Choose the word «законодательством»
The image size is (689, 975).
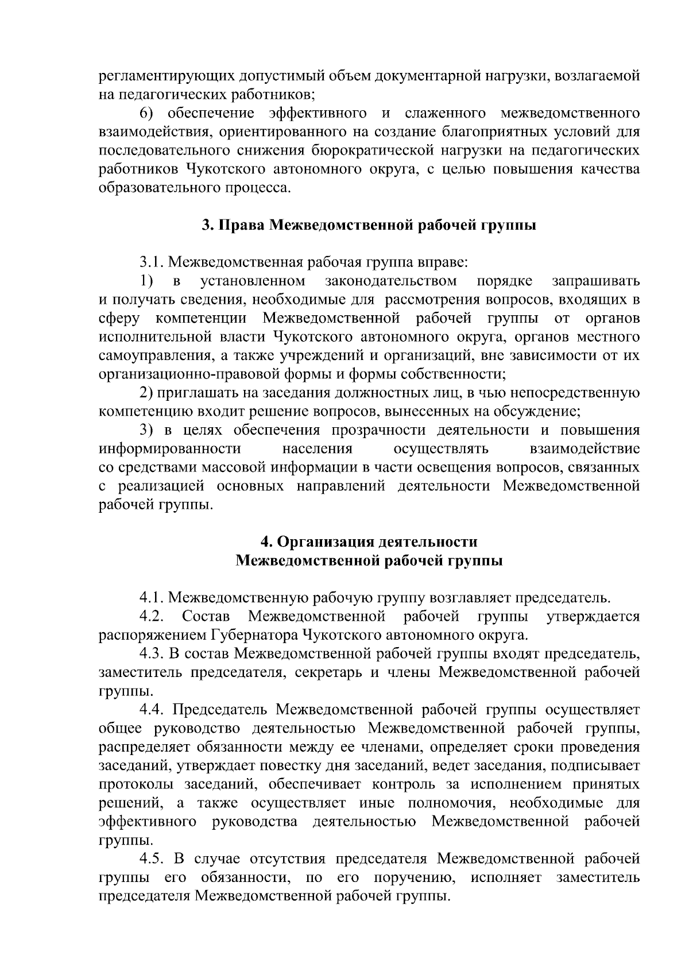pyautogui.click(x=391, y=281)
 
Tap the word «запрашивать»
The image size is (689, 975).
pyautogui.click(x=595, y=281)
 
